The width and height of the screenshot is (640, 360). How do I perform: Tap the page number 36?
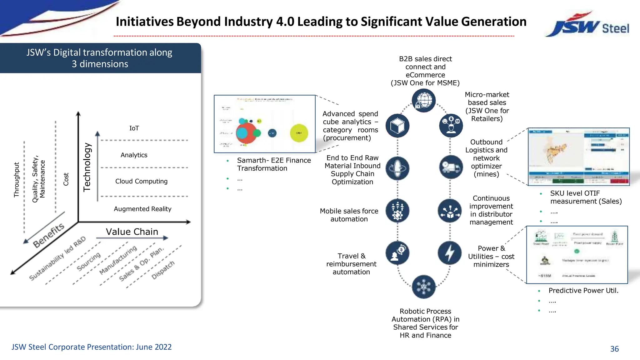tap(614, 349)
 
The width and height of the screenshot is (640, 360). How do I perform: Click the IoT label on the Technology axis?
tap(134, 128)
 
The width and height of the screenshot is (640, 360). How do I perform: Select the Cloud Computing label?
tap(141, 181)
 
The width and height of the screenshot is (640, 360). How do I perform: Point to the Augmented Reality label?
tap(142, 209)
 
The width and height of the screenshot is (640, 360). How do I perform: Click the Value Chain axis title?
tap(132, 232)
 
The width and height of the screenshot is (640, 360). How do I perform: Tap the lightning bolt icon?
tap(450, 252)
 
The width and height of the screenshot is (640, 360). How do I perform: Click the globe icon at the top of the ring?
tap(424, 100)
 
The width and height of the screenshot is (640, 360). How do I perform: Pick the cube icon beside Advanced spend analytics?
tap(397, 126)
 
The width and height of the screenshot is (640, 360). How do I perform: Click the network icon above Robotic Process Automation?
tap(424, 287)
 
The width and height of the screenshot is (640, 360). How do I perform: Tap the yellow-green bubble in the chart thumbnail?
tap(299, 133)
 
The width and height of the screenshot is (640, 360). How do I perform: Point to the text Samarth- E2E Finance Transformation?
tap(274, 164)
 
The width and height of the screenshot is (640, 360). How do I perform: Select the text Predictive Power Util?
tap(583, 291)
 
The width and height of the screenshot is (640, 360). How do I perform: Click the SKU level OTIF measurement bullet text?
tap(586, 197)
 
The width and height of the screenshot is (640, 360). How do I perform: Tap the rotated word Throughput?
tap(17, 180)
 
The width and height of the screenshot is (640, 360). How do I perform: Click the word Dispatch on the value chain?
tap(163, 270)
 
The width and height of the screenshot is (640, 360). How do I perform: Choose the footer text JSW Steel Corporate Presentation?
tap(92, 347)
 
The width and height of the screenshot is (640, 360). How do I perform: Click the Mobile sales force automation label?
tap(349, 215)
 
